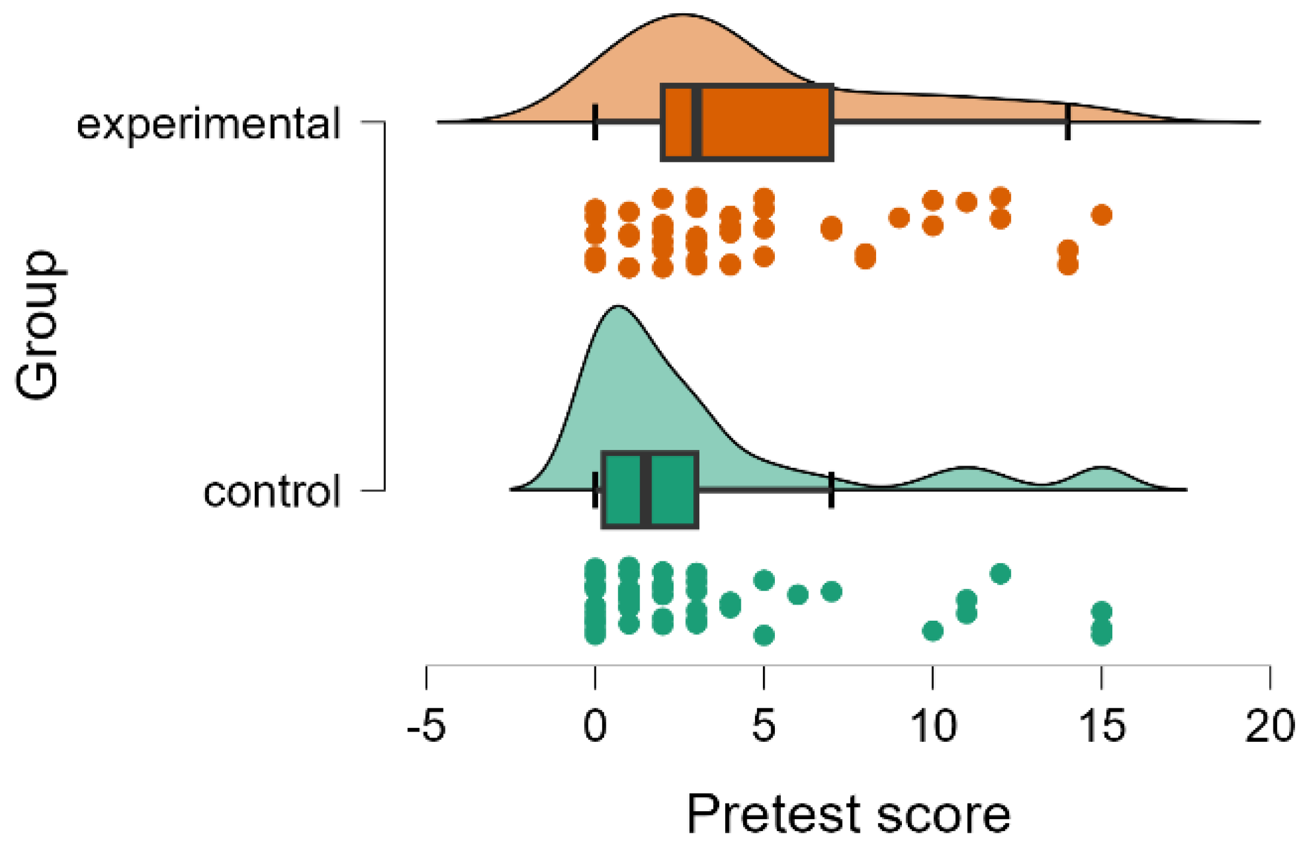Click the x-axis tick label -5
click(x=426, y=726)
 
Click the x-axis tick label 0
click(x=594, y=726)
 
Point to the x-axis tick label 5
click(x=763, y=726)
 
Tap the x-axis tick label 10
click(x=933, y=726)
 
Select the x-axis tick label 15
click(x=1101, y=726)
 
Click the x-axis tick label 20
click(x=1270, y=726)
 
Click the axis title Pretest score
click(x=848, y=814)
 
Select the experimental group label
click(x=209, y=124)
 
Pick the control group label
click(x=272, y=492)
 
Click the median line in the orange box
click(x=696, y=123)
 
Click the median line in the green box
click(x=646, y=491)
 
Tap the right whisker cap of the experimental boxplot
click(x=1067, y=122)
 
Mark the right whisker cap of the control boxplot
click(x=831, y=490)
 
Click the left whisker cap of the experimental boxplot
click(x=594, y=122)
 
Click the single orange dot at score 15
click(x=1101, y=214)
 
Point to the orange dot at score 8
click(x=865, y=256)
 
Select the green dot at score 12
click(x=1000, y=574)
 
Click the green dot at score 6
click(x=798, y=595)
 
